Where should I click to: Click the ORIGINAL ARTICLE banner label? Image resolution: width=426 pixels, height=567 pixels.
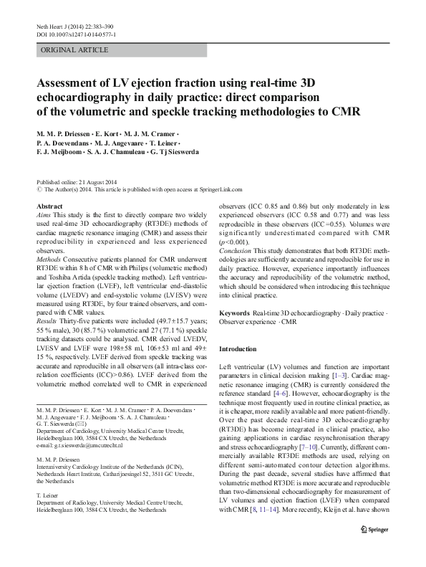point(75,50)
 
